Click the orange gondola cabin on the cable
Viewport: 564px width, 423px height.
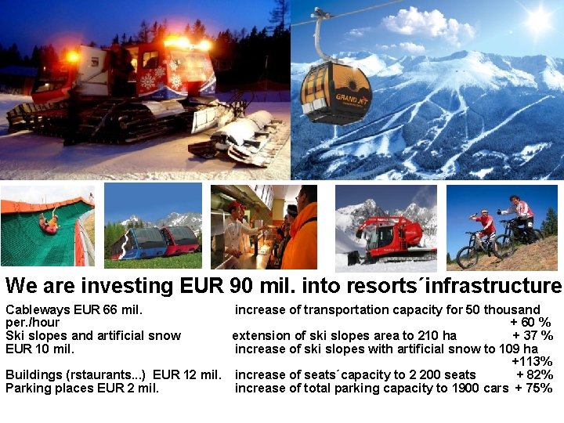pos(336,92)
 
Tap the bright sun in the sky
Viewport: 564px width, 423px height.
pos(539,20)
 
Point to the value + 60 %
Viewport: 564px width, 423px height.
pos(530,322)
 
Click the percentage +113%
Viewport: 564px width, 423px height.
pos(532,362)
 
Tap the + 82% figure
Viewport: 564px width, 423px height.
pos(534,375)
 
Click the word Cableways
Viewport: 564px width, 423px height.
pos(36,309)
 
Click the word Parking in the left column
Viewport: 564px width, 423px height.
pos(27,388)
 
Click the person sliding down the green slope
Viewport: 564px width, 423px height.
pos(49,224)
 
